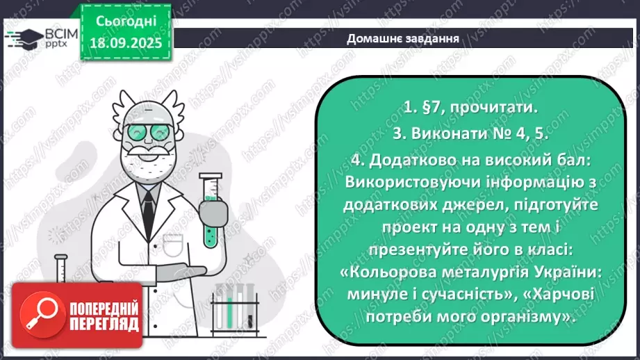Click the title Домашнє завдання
pos(403,38)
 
